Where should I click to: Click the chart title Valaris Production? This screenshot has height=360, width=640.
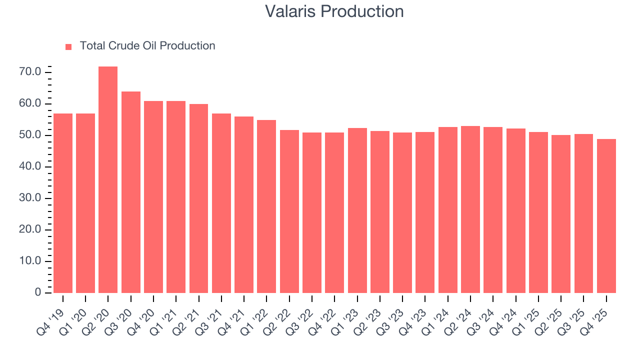pos(334,11)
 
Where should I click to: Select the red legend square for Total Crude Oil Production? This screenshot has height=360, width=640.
pos(68,46)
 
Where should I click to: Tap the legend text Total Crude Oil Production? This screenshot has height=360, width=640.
pos(147,46)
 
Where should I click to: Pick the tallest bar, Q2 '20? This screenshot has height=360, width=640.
pos(108,179)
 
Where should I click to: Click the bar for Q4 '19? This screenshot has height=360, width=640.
pos(63,203)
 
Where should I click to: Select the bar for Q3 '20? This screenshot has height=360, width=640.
pos(131,192)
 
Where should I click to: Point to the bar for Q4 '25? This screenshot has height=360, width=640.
pos(606,215)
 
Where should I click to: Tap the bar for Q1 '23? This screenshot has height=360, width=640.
pos(357,210)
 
